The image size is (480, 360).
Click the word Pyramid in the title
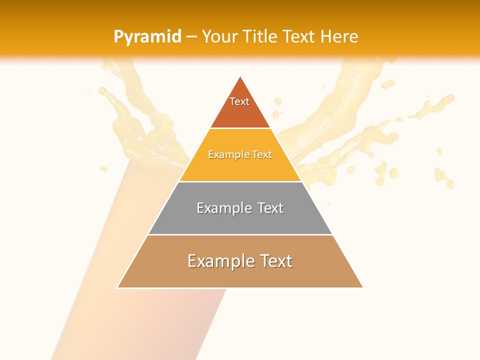tap(147, 36)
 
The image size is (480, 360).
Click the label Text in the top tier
tap(239, 101)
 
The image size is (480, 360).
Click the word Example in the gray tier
tap(223, 208)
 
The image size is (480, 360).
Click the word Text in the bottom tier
tap(275, 261)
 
